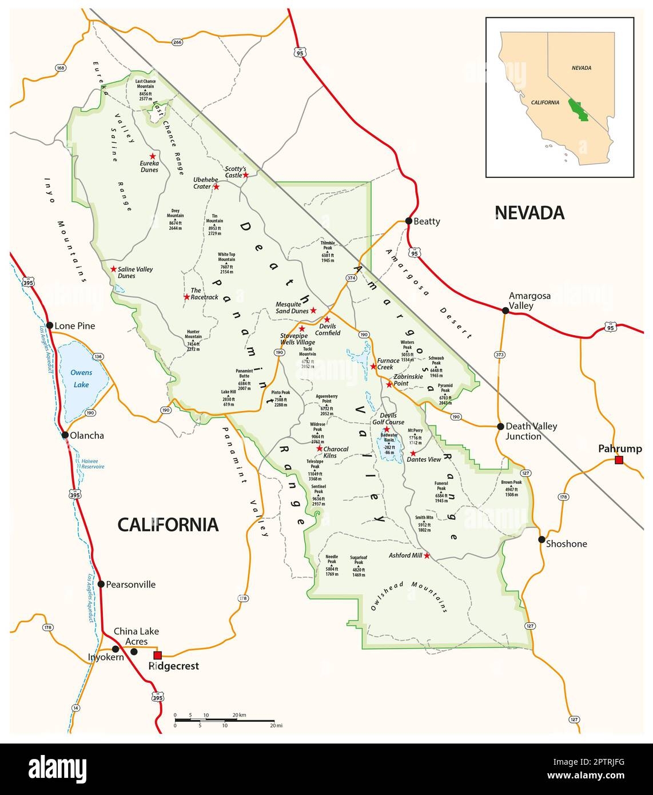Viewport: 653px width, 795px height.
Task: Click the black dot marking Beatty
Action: pos(408,221)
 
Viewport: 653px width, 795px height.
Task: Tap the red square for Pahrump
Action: pos(618,460)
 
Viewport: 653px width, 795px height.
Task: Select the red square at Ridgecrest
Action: pos(158,655)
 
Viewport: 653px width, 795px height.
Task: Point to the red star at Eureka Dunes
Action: pos(153,156)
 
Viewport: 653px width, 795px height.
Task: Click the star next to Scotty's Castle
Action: pos(246,175)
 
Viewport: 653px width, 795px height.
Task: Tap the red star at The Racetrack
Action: pos(186,297)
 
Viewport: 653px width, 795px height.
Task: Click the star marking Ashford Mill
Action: pos(427,555)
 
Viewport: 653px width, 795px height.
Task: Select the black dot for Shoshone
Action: pos(541,539)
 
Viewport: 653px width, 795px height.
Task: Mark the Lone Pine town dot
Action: pos(50,326)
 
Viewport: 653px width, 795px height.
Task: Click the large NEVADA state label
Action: pos(529,213)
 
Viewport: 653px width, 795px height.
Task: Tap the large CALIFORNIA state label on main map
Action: pos(168,524)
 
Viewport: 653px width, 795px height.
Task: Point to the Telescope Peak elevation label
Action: pos(315,470)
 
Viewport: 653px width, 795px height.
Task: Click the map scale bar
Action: pos(224,720)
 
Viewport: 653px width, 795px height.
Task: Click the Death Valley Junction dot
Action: pos(500,426)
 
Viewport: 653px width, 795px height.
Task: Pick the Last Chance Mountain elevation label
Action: pos(145,90)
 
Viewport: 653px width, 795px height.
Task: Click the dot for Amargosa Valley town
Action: pos(505,311)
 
